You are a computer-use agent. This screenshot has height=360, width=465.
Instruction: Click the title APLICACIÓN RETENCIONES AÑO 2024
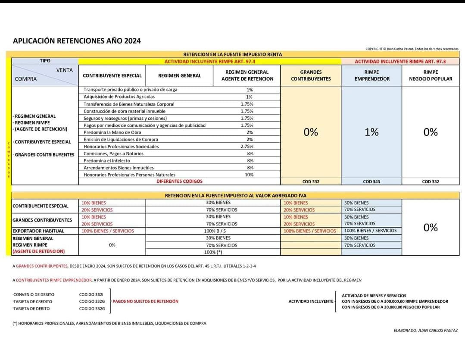click(77, 41)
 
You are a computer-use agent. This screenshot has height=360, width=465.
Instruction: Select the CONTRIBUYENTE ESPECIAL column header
click(112, 75)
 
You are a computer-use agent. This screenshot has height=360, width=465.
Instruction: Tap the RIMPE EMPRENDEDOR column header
click(371, 75)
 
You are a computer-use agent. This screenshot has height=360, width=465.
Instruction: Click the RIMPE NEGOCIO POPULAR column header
click(431, 75)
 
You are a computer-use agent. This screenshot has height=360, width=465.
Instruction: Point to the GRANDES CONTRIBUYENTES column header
click(311, 75)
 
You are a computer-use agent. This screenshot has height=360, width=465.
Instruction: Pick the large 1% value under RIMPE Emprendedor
click(371, 132)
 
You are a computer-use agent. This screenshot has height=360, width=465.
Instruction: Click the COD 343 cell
click(371, 182)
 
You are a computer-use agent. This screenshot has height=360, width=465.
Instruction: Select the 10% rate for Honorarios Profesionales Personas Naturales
click(249, 175)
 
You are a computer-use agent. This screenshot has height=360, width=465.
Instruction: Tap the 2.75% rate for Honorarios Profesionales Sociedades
click(247, 147)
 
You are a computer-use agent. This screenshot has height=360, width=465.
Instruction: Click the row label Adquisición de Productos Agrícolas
click(119, 97)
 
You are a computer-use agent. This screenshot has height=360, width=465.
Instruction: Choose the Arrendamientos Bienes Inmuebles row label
click(119, 168)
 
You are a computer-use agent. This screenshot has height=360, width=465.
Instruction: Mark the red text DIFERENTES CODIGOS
click(179, 182)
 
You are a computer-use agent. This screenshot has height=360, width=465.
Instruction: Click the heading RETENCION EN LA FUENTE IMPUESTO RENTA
click(233, 54)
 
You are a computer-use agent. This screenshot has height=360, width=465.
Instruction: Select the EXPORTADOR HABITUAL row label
click(38, 231)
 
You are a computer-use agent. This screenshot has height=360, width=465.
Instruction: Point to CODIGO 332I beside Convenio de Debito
click(91, 295)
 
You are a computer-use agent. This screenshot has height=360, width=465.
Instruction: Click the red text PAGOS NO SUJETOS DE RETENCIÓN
click(145, 301)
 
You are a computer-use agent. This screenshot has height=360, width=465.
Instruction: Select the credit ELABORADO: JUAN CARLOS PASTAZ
click(425, 330)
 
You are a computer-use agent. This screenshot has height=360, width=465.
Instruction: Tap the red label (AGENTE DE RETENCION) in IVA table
click(39, 251)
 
